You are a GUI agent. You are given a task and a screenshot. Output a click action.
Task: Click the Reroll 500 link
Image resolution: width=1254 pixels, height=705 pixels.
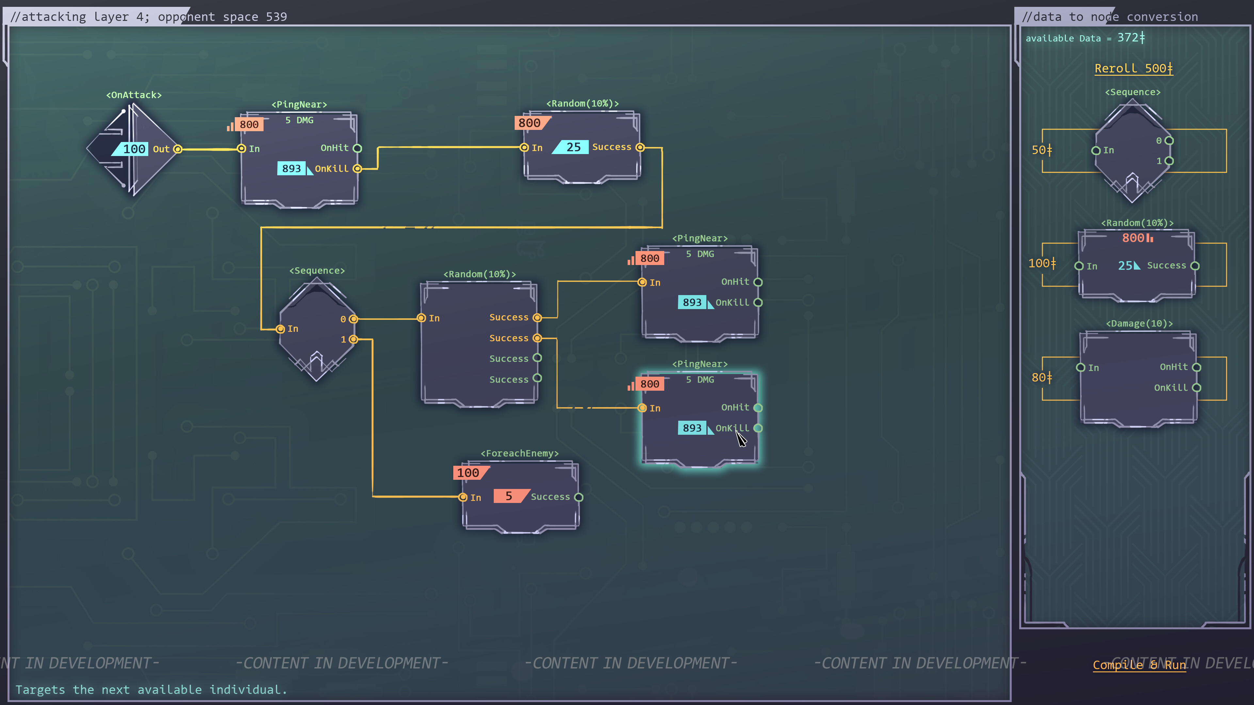pyautogui.click(x=1133, y=69)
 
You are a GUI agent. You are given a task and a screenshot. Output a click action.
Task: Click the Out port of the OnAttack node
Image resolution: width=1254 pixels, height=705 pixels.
pyautogui.click(x=178, y=149)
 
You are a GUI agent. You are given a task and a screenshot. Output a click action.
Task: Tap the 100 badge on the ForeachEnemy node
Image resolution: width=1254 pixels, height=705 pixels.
pyautogui.click(x=468, y=473)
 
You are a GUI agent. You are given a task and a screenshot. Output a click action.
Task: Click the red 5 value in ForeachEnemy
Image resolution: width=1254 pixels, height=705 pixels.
pyautogui.click(x=509, y=496)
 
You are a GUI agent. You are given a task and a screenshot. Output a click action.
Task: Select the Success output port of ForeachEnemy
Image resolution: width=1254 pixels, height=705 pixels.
pyautogui.click(x=578, y=497)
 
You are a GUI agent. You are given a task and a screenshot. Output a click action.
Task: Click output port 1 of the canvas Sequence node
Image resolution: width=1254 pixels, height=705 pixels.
pyautogui.click(x=353, y=339)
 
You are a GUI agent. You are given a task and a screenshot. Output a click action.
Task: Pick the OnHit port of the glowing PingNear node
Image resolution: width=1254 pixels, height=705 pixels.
pyautogui.click(x=758, y=408)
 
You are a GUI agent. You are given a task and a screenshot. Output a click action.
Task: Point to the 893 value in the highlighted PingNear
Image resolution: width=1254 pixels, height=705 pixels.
pyautogui.click(x=692, y=428)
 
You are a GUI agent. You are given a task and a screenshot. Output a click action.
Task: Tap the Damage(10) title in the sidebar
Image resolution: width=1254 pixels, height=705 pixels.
pyautogui.click(x=1139, y=323)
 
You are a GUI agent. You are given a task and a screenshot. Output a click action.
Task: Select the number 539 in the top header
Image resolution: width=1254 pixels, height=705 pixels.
pyautogui.click(x=276, y=17)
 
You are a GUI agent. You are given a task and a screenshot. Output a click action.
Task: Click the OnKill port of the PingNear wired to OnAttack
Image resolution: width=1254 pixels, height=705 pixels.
pyautogui.click(x=357, y=169)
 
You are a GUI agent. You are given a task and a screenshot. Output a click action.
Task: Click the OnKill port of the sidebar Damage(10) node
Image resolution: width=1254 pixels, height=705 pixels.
pyautogui.click(x=1197, y=388)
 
